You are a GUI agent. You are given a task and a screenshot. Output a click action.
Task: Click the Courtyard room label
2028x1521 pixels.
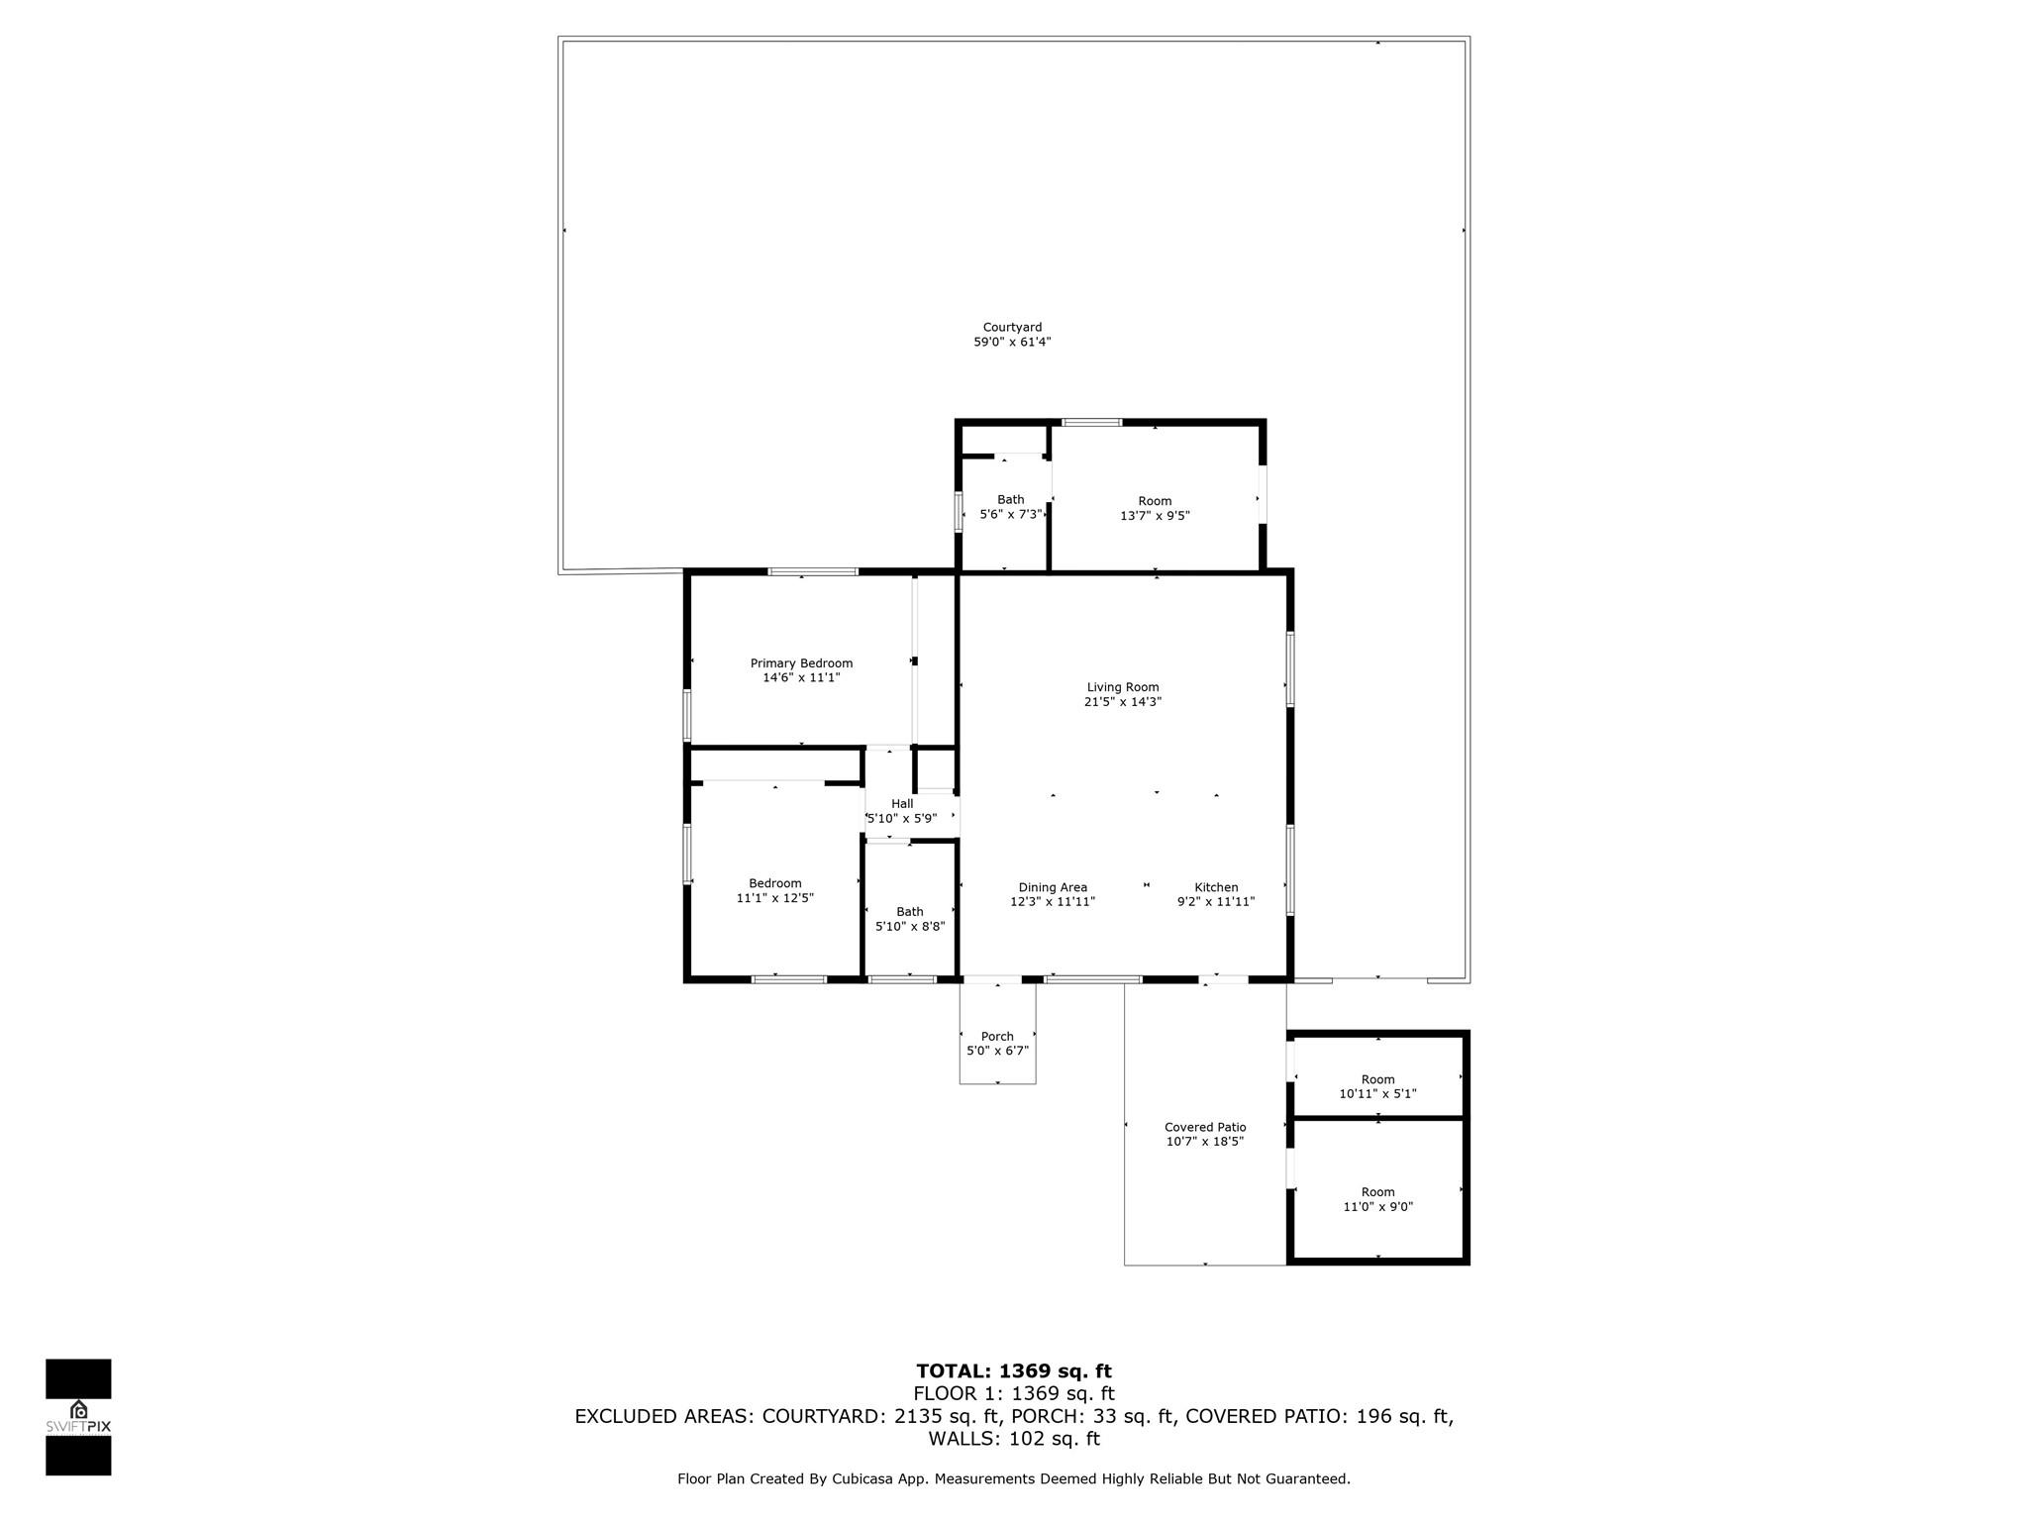tap(1012, 327)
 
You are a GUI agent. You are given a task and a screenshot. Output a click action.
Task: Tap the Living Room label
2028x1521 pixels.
tap(1122, 687)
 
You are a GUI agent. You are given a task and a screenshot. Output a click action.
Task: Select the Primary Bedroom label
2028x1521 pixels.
tap(801, 663)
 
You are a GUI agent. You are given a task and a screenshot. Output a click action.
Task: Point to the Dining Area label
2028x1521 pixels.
tap(1053, 887)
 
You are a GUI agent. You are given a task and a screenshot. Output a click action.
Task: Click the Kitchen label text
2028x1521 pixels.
tap(1216, 887)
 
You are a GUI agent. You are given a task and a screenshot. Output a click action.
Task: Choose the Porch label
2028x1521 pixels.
tap(997, 1037)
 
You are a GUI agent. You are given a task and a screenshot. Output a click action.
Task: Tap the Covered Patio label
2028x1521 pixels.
tap(1205, 1127)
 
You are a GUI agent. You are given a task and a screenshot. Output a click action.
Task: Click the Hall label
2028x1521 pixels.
tap(902, 804)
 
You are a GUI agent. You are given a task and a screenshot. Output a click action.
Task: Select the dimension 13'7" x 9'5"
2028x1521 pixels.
tap(1155, 516)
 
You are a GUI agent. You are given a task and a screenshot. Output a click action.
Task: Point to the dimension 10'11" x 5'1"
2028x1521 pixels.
tap(1377, 1094)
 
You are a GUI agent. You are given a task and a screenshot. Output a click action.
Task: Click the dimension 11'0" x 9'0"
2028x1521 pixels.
tap(1377, 1207)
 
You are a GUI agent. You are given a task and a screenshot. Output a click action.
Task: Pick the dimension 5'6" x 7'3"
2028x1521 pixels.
tap(1010, 515)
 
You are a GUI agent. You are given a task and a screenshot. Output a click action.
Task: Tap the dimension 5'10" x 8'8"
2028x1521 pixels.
tap(910, 927)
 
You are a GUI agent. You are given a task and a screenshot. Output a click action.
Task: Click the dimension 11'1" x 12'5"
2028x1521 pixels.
tap(774, 898)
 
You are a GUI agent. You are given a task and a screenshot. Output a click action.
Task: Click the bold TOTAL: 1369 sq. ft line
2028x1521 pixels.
tap(1014, 1371)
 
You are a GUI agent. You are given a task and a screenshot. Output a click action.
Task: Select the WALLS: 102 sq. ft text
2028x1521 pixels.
tap(1014, 1439)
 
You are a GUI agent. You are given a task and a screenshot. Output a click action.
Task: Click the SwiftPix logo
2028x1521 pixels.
tap(78, 1417)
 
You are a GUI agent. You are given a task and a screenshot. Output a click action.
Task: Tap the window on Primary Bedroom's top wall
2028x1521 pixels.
tap(813, 571)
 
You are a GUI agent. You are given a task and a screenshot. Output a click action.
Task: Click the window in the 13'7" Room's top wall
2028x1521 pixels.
tap(1092, 423)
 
